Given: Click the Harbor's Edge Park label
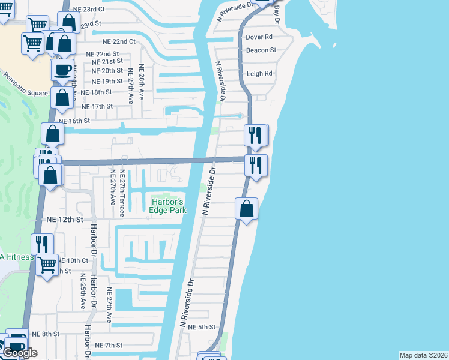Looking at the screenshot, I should point(168,206).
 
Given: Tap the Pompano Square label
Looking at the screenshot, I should point(24,85).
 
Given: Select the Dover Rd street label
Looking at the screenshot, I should point(259,37).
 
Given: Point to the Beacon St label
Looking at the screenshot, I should point(261,50).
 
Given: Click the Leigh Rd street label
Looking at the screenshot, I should point(259,74).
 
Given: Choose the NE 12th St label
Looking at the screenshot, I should point(64,220).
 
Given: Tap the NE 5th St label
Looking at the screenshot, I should point(202,327).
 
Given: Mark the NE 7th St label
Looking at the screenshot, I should point(109,346).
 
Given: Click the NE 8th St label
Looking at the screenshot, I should point(46,334).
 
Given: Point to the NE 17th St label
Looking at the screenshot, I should point(97,107).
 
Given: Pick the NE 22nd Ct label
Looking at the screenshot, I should point(119,42).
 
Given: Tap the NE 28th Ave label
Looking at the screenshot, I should point(142,82).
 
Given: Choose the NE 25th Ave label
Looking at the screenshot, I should point(83,292).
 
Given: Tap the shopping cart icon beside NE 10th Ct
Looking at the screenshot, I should point(46,263).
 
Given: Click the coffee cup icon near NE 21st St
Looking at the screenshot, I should point(62,70).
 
